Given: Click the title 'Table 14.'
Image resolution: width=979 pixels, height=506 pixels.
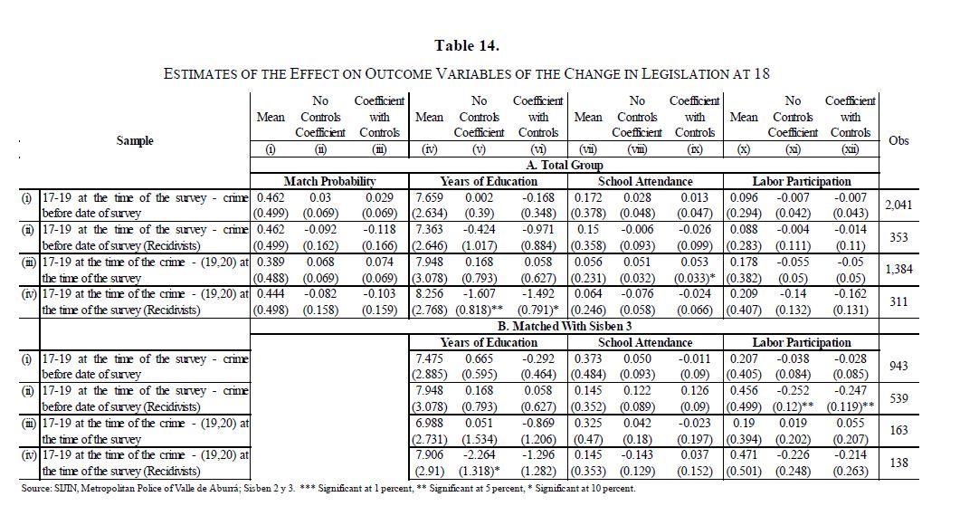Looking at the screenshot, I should point(467,45).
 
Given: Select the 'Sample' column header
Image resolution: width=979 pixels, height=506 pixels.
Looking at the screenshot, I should point(135,140).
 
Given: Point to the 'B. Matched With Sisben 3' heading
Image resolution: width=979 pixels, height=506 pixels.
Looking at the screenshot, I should point(566,326).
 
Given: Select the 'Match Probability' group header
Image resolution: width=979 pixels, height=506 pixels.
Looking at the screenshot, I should point(328,181).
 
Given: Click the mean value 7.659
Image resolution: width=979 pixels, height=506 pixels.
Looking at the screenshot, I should point(429,197).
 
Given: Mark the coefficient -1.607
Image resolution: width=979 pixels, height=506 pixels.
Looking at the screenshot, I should point(480,294).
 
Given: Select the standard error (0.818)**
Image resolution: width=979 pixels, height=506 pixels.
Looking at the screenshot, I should point(480,310).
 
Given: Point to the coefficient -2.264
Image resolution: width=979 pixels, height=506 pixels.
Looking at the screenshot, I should point(480,455).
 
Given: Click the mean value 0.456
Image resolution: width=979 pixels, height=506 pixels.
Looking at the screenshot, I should point(744,391).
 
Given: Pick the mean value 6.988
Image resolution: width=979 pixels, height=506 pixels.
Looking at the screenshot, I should point(429,423).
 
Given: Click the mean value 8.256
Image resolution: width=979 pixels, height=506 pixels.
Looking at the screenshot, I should point(429,294).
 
